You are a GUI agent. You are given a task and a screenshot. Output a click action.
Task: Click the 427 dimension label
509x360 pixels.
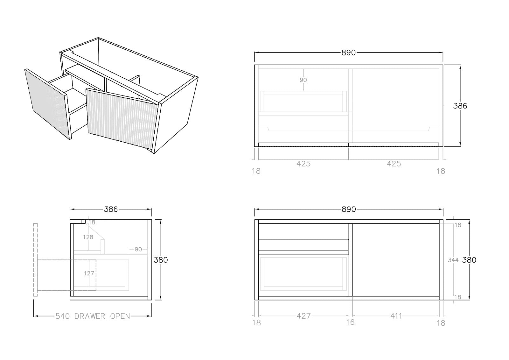click(x=303, y=316)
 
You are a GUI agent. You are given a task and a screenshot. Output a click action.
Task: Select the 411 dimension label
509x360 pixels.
click(x=396, y=316)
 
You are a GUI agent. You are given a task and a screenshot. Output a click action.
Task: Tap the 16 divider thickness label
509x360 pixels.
click(x=350, y=322)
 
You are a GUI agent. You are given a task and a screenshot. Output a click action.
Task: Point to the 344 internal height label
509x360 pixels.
click(x=453, y=260)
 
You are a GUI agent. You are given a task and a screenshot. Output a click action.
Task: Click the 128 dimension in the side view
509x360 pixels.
click(x=88, y=237)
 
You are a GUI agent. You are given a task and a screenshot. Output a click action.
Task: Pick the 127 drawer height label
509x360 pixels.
click(x=89, y=273)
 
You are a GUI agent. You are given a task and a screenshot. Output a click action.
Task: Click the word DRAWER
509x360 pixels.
click(x=90, y=316)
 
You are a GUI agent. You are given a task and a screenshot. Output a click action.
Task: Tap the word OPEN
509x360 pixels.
click(x=120, y=316)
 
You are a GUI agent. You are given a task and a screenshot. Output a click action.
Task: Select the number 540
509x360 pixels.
click(x=62, y=316)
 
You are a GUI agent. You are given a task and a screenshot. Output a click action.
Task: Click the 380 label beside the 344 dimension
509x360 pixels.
click(x=469, y=260)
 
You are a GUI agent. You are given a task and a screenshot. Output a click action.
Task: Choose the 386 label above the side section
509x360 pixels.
click(x=111, y=209)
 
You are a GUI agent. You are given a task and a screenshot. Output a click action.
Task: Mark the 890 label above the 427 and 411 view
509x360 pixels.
click(x=349, y=209)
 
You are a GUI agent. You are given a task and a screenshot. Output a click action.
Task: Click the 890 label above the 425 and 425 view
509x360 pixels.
click(x=349, y=53)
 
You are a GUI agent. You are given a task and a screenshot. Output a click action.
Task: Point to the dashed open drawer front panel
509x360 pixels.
click(x=35, y=260)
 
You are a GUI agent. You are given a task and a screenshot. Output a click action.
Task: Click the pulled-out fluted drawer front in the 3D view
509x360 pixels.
click(x=48, y=104)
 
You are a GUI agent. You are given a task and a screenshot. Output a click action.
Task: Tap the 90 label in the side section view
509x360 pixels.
click(x=138, y=249)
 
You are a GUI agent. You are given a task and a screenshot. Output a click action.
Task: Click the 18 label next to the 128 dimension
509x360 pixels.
click(x=92, y=222)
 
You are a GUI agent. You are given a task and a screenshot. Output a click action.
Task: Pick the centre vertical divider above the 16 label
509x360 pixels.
click(x=350, y=260)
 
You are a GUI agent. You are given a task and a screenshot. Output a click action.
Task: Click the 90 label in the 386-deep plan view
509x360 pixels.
click(x=303, y=80)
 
